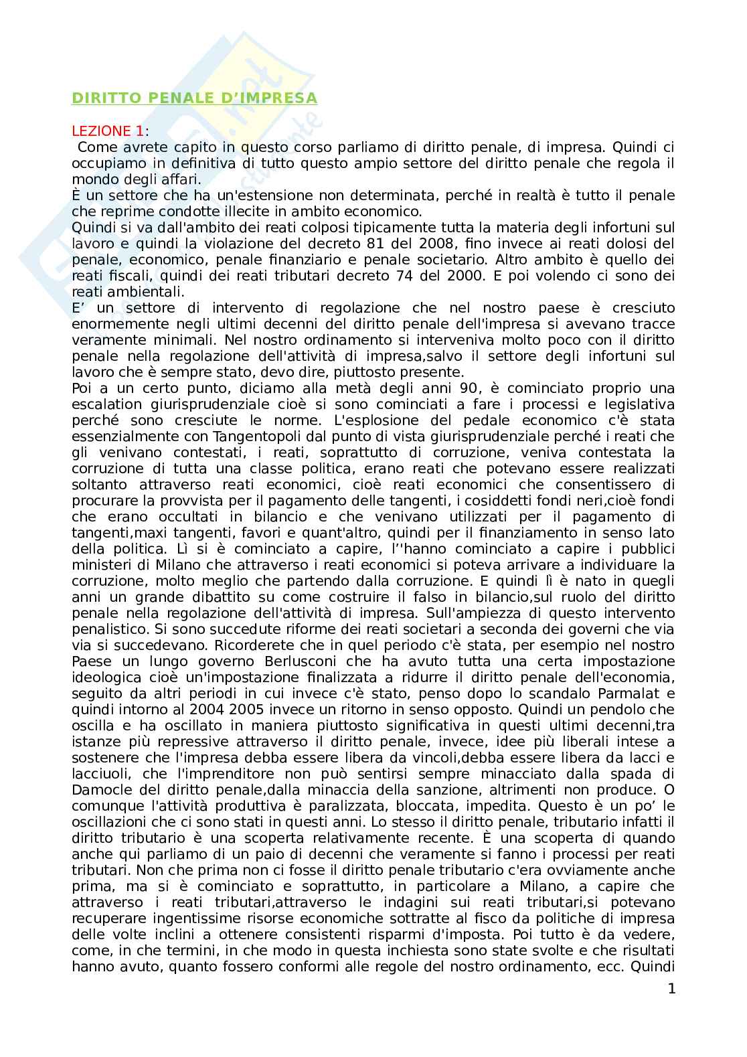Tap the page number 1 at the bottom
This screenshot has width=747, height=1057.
click(671, 988)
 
